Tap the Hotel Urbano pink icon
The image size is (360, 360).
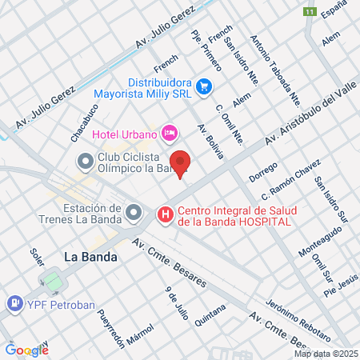click(169, 132)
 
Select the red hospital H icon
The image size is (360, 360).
click(165, 214)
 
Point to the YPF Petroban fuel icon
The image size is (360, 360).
click(14, 304)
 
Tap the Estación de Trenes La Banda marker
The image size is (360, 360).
click(134, 213)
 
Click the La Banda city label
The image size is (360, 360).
click(90, 257)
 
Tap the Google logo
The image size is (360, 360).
click(26, 350)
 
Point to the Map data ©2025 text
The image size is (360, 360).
click(326, 353)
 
